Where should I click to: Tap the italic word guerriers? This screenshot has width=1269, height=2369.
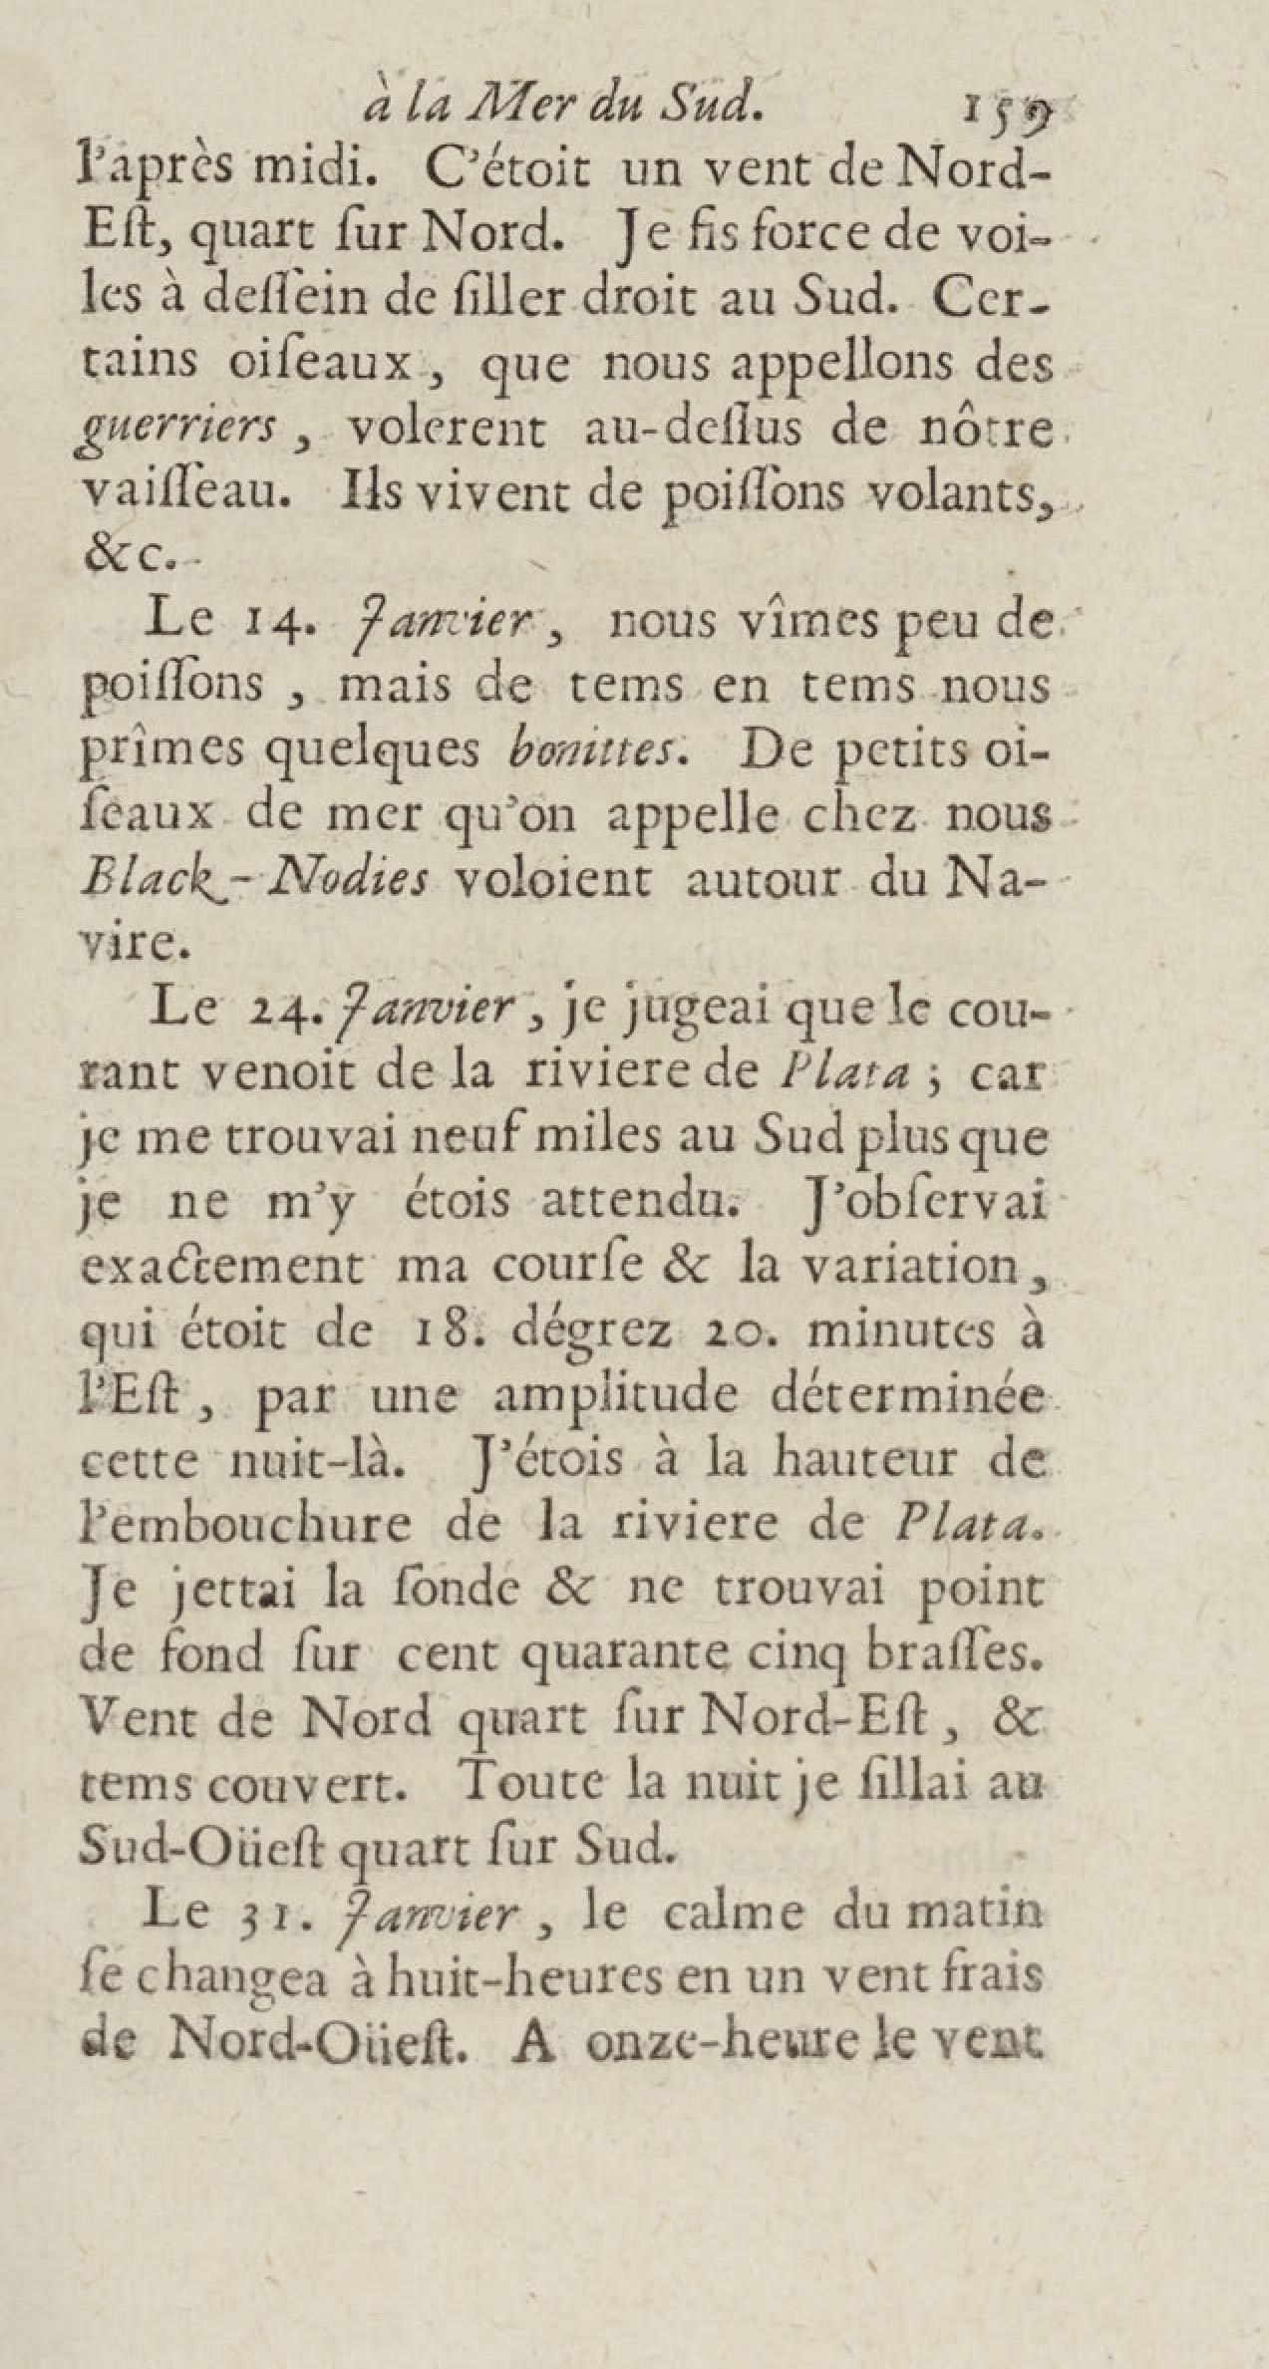pyautogui.click(x=178, y=430)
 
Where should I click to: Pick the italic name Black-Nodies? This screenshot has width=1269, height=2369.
pyautogui.click(x=255, y=881)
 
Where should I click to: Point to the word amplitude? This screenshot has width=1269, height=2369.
pyautogui.click(x=616, y=1397)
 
